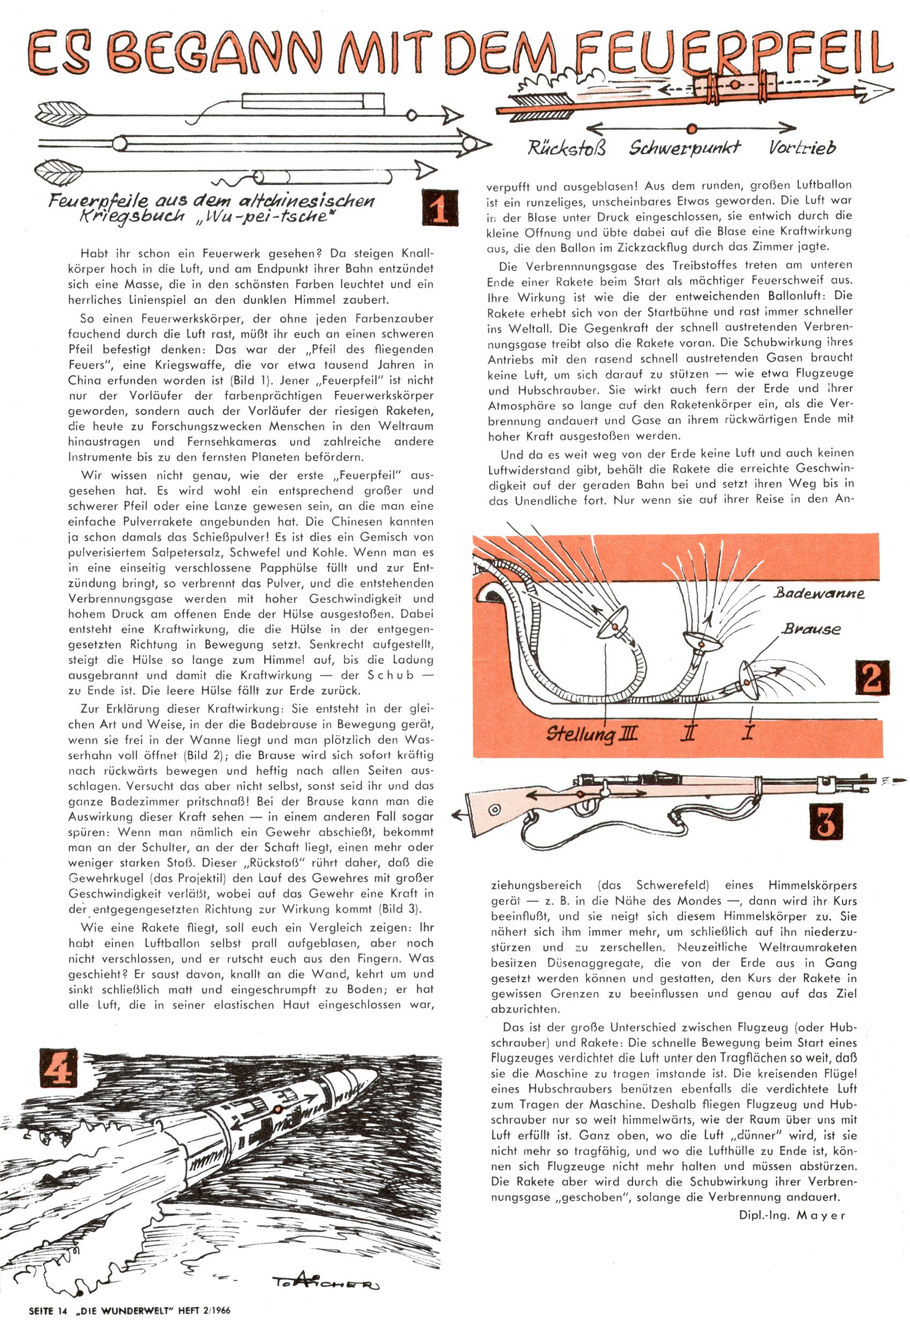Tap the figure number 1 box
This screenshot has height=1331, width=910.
[x=439, y=207]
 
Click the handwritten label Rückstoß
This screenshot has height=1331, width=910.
[x=567, y=148]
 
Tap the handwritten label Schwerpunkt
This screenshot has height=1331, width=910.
[x=684, y=148]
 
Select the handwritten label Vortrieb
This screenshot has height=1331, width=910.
[x=802, y=148]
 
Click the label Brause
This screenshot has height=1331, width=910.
[x=811, y=629]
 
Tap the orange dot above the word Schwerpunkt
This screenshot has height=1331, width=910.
[x=691, y=128]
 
